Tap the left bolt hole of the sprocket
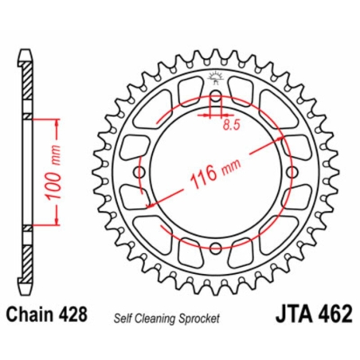pos(140,173)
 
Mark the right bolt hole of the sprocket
pos(291,173)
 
